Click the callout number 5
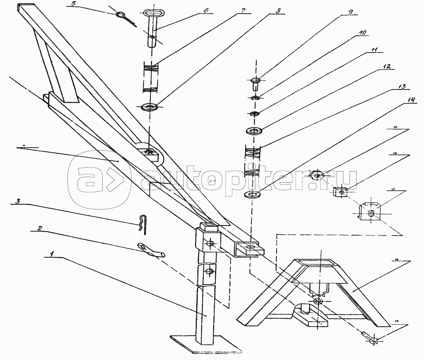click(73, 4)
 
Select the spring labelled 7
click(151, 78)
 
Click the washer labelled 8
click(149, 107)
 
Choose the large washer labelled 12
click(254, 131)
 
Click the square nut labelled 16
click(341, 192)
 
